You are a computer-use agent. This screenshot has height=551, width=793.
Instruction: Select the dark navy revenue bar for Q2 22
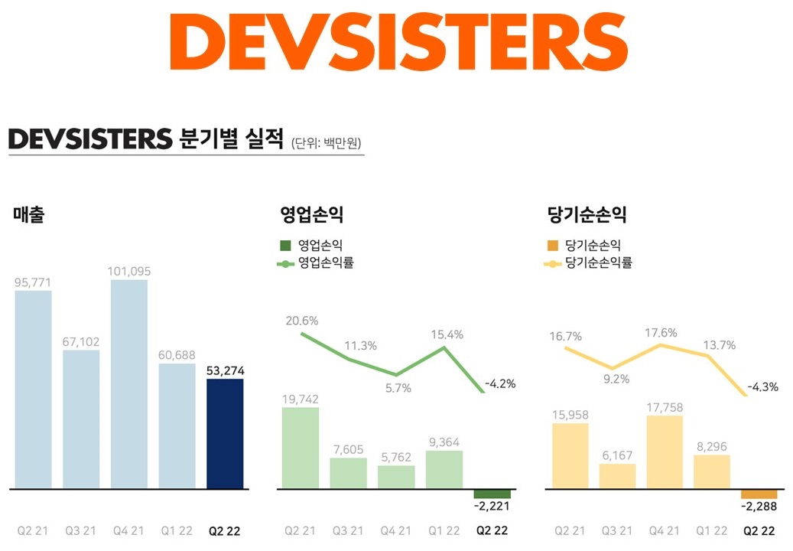225,433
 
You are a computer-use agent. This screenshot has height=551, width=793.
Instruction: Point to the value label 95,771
33,282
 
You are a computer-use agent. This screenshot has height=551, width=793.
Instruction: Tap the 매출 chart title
29,215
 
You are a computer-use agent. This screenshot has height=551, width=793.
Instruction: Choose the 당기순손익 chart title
587,215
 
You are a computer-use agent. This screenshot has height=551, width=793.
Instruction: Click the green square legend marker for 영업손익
286,246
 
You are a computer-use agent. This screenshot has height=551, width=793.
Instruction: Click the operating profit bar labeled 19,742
301,448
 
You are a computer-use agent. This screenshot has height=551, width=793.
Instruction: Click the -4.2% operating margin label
500,383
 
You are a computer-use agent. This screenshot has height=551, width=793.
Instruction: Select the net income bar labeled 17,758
665,452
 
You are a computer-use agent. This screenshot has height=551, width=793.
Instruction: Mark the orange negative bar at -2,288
759,494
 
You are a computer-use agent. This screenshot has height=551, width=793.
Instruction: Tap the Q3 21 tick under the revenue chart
81,530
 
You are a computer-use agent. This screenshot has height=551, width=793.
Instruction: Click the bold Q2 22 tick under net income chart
759,530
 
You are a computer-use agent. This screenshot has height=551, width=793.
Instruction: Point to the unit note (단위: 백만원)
327,143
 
